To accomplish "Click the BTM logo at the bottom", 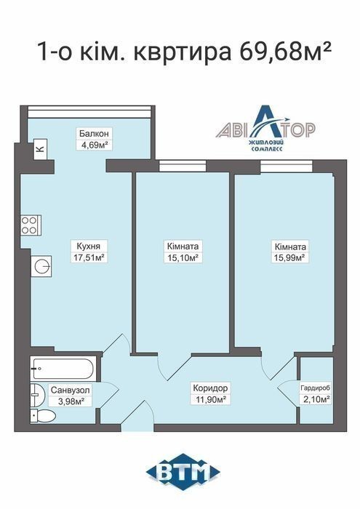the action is (183, 473).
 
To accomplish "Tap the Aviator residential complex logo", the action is (265, 128).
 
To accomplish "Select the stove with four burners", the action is (31, 225).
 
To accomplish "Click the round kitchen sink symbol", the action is (41, 266).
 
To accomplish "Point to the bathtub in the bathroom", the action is (63, 369).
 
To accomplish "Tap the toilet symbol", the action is (43, 415).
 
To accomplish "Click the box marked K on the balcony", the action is (41, 149).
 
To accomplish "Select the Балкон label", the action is (94, 133).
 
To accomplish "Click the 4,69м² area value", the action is (95, 145).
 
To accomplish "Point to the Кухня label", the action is (88, 246).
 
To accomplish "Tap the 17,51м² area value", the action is (88, 257).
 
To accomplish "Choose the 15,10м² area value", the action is (183, 257).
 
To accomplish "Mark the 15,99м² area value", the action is (290, 257).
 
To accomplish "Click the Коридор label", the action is (210, 388).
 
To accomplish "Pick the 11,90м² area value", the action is (210, 399).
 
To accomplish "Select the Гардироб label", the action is (316, 388).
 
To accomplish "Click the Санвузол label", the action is (70, 390).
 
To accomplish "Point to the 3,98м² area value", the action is (71, 401).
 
